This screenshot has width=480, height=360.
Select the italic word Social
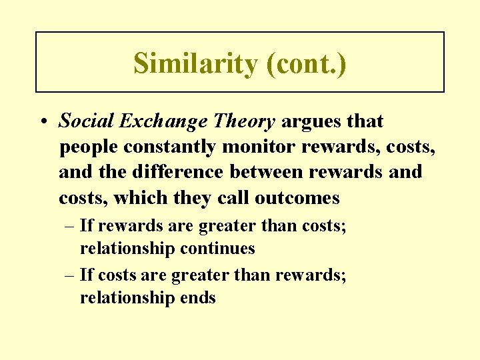(84, 121)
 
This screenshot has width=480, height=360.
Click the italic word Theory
(242, 121)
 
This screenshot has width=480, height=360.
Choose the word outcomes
(293, 198)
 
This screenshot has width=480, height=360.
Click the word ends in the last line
(198, 297)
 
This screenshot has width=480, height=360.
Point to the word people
(86, 147)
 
